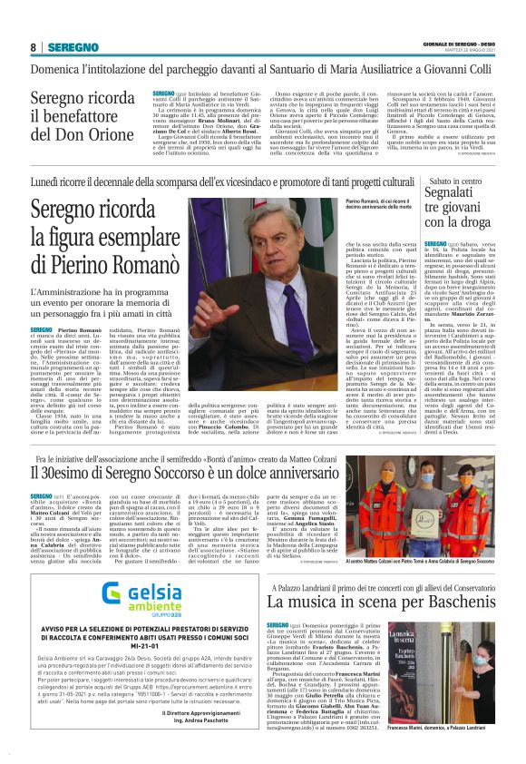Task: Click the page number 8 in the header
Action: coord(33,47)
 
